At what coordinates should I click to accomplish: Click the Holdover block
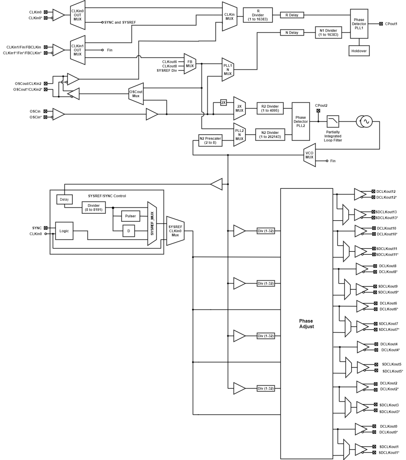point(359,50)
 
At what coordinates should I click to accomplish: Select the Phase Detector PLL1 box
point(359,23)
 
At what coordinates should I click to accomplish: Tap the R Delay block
point(292,15)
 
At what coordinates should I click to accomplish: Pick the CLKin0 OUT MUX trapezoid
point(77,15)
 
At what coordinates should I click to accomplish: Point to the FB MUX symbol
point(189,64)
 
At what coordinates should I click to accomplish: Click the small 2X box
point(223,103)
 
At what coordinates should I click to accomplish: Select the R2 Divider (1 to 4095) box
point(270,108)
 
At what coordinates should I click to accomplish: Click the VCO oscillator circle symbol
point(364,121)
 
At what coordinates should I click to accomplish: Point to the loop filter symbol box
point(333,121)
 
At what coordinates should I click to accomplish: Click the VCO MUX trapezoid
point(309,154)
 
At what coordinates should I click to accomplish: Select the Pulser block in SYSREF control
point(130,216)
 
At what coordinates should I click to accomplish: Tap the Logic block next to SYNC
point(64,231)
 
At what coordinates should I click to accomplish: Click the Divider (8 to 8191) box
point(94,207)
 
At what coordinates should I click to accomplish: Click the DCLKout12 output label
point(386,191)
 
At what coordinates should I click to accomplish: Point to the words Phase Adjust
point(306,324)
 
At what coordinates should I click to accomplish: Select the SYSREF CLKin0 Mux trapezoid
point(175,231)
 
